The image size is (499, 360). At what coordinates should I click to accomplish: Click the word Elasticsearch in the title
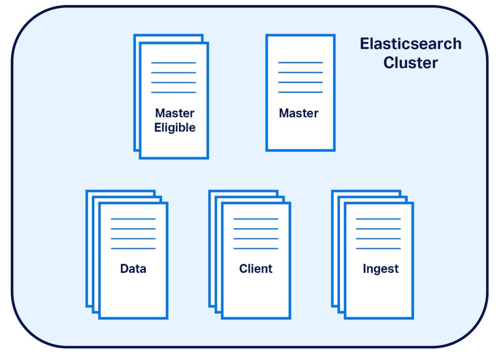(x=410, y=44)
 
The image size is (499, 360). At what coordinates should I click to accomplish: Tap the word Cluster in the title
(x=410, y=63)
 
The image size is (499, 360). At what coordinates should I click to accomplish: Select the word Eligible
(x=174, y=128)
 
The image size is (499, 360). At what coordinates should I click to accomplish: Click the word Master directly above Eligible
(x=174, y=113)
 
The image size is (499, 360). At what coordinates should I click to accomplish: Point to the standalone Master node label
(x=299, y=113)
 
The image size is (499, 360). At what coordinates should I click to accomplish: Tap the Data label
(x=133, y=268)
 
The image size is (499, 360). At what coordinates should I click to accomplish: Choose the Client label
(x=256, y=268)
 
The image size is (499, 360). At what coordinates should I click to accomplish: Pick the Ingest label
(x=381, y=268)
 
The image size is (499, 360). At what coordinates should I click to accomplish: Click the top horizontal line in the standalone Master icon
(x=300, y=63)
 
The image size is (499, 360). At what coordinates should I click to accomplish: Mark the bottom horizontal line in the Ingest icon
(x=378, y=248)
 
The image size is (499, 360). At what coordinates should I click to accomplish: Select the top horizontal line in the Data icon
(x=133, y=219)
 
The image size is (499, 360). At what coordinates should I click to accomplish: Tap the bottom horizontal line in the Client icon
(x=256, y=248)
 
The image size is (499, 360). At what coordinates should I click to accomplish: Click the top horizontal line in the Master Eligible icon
(x=173, y=63)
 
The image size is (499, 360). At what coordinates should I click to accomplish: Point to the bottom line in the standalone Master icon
(x=300, y=92)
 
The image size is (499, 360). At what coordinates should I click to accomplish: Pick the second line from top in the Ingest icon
(x=378, y=229)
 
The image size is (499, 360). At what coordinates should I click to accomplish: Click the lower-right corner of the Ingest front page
(x=412, y=318)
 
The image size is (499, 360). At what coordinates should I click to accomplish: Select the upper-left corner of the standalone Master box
(x=267, y=36)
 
